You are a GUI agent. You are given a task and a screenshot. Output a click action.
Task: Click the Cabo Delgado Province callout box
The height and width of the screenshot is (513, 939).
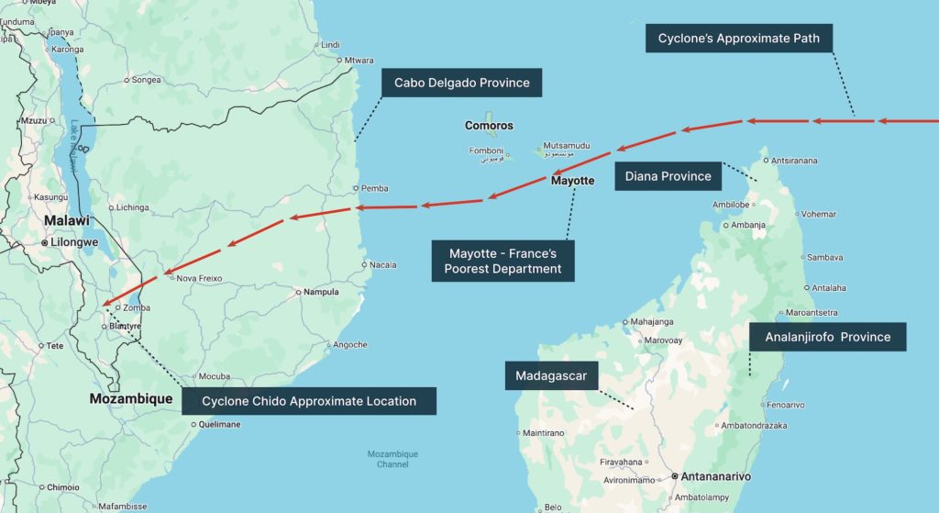(461, 83)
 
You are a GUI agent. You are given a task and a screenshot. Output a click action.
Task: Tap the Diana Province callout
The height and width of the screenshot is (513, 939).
(668, 176)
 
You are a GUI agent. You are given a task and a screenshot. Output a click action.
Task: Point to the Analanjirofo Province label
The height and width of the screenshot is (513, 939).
(827, 337)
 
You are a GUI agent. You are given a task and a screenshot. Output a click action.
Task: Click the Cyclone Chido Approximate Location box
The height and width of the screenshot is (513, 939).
(308, 401)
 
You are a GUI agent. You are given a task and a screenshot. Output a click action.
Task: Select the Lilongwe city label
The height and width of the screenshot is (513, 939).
(73, 242)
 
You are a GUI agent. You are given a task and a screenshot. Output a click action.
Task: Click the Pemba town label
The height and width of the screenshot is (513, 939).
(374, 188)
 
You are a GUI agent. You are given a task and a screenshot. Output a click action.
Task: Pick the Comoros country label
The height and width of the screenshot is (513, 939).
(489, 126)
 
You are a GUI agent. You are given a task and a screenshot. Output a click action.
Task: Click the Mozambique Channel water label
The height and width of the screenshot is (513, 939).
(392, 459)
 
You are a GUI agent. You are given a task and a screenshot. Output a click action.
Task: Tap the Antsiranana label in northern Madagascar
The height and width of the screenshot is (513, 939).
(794, 161)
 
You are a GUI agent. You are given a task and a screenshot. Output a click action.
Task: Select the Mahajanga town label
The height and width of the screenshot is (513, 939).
(652, 321)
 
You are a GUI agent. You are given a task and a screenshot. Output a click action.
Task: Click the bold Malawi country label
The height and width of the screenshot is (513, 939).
(70, 221)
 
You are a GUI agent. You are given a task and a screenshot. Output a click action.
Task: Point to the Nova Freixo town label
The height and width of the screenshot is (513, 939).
(199, 278)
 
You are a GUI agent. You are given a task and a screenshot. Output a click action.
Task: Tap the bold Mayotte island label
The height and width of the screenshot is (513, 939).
(572, 181)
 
